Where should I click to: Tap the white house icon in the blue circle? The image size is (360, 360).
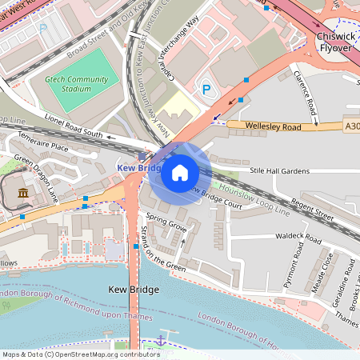click(180, 173)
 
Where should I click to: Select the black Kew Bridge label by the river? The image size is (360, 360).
click(134, 289)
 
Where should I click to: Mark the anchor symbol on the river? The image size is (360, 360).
click(160, 341)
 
